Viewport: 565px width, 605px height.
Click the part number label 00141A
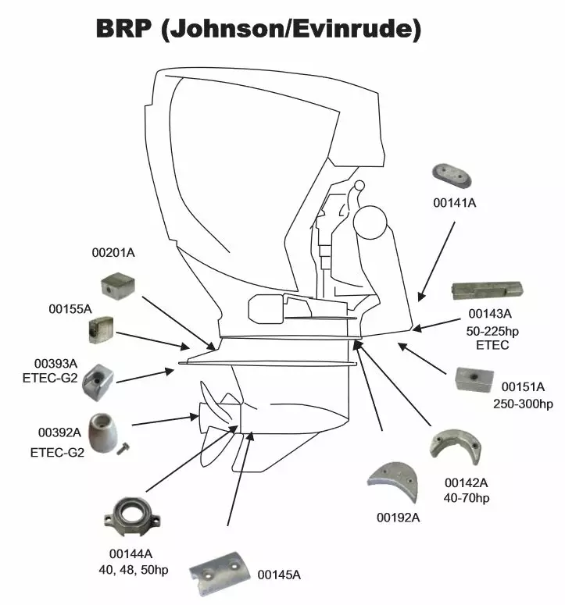[x=454, y=203]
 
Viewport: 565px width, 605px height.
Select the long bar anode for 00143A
[x=485, y=292]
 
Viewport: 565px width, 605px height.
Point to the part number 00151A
[x=523, y=387]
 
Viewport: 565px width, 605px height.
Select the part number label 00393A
[x=55, y=364]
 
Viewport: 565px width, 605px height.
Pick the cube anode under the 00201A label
[x=118, y=290]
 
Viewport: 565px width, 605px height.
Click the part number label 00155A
[x=70, y=309]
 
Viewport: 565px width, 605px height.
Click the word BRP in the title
[x=127, y=29]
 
